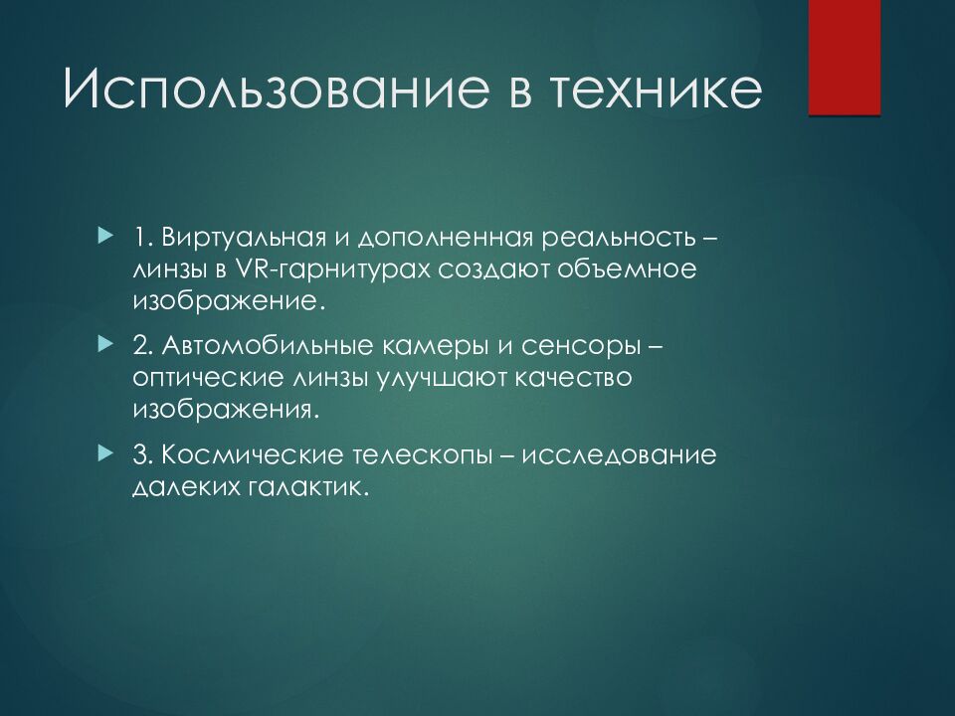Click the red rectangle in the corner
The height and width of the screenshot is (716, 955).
pos(845,58)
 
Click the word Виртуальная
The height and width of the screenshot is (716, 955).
pos(245,237)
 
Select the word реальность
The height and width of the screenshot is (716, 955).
pos(619,238)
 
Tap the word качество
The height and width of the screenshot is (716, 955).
pos(573,378)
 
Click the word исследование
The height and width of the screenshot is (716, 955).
pos(619,456)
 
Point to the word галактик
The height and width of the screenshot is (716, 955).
pos(308,487)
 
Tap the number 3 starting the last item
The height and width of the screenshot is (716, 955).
pos(140,455)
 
